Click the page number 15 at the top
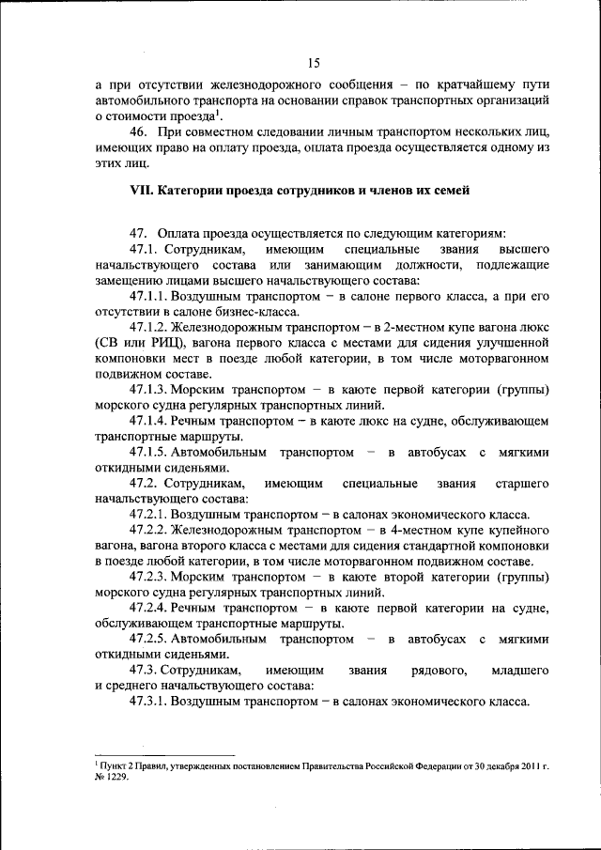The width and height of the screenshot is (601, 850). (x=314, y=63)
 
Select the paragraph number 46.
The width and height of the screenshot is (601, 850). (x=139, y=133)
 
